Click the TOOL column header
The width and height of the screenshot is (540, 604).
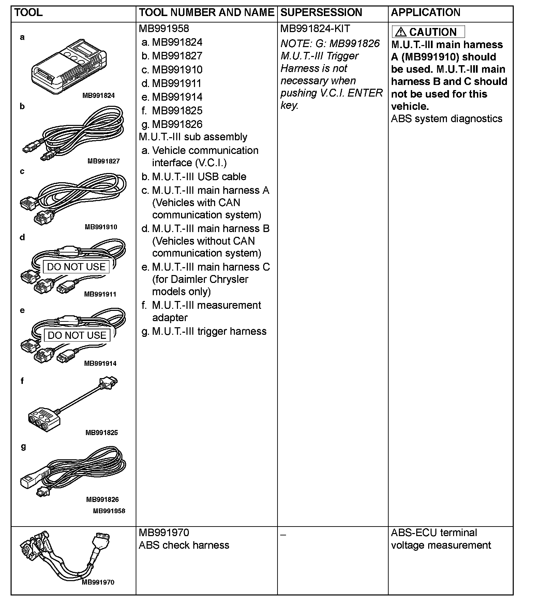[29, 13]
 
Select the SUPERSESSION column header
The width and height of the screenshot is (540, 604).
[321, 13]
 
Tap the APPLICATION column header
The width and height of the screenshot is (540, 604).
[425, 13]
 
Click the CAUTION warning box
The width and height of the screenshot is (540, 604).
[428, 32]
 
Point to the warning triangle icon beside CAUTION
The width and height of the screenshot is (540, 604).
[401, 32]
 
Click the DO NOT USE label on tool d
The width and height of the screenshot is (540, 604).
[76, 267]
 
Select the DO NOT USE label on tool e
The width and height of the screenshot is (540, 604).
[77, 335]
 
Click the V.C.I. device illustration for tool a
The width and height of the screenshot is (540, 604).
[68, 67]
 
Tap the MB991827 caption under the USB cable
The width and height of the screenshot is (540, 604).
[104, 161]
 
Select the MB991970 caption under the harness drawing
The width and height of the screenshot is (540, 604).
[98, 582]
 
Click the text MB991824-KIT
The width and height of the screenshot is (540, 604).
[315, 29]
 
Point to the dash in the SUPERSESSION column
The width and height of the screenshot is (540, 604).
[283, 535]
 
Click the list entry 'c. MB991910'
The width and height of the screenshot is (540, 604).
[172, 70]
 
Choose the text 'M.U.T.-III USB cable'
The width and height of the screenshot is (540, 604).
[199, 176]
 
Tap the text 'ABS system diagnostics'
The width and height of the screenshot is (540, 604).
[447, 119]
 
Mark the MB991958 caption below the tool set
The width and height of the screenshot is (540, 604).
[109, 511]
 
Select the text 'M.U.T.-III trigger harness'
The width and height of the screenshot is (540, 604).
[209, 331]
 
